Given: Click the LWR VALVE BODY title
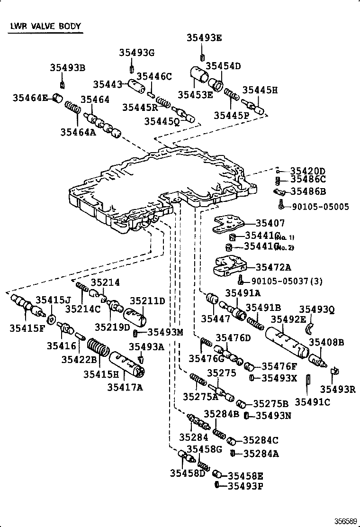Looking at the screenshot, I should [x=45, y=27].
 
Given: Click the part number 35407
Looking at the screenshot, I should [x=270, y=223].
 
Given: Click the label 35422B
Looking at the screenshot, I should [x=79, y=359].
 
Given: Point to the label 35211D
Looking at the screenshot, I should [x=147, y=300].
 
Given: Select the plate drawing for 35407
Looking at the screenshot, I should [x=229, y=224].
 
